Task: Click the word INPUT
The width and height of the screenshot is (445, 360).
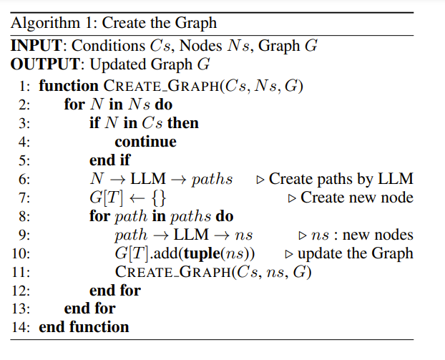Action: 36,45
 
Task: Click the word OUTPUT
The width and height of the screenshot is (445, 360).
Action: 45,64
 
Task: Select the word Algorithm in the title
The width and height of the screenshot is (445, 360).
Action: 45,24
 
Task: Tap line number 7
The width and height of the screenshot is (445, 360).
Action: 24,198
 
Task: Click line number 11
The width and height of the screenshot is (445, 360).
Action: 21,272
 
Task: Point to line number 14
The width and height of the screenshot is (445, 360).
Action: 21,327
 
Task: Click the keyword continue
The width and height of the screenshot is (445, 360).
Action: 145,142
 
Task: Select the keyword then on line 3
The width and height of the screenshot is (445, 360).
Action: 183,123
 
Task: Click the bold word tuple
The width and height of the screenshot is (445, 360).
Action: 202,253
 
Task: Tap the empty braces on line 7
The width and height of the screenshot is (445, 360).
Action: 159,198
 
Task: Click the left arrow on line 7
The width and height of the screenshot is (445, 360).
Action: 137,198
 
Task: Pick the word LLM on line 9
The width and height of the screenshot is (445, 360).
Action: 191,235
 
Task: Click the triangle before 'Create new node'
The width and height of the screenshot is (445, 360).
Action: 292,198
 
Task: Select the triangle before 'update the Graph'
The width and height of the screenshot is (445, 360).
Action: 289,254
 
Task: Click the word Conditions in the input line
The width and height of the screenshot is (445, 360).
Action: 109,45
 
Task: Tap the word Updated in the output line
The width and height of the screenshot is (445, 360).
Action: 118,64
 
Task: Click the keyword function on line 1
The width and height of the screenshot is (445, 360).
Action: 69,86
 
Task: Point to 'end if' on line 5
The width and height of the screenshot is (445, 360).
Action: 110,160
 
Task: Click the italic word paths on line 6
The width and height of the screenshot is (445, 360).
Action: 212,180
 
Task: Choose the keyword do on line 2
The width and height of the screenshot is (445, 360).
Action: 164,104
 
